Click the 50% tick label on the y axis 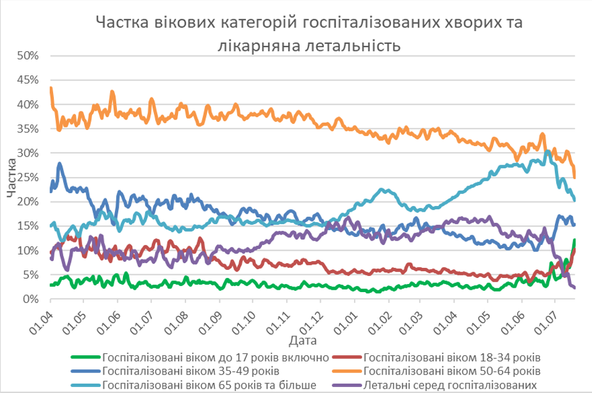(x=28, y=56)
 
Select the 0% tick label (x=31, y=300)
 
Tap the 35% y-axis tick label (x=28, y=129)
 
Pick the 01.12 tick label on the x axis (x=313, y=322)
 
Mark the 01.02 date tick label (x=381, y=322)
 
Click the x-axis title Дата (x=302, y=341)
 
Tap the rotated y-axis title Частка (x=12, y=178)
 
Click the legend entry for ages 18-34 (x=452, y=357)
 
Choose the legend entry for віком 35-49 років (x=191, y=371)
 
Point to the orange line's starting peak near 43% (x=51, y=89)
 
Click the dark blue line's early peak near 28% (x=60, y=164)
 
